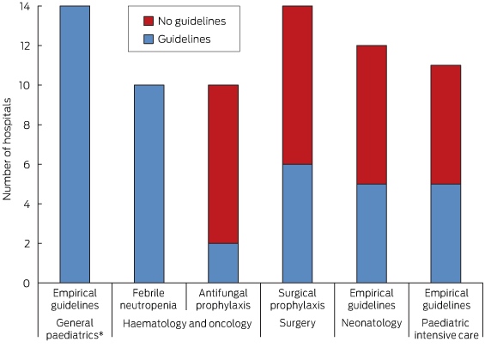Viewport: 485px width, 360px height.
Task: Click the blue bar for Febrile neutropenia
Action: (x=149, y=184)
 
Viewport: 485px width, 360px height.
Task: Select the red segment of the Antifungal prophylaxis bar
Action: (x=223, y=164)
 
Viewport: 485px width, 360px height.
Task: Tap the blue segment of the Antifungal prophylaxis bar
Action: (x=223, y=263)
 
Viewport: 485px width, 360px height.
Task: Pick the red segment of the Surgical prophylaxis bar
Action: (x=297, y=85)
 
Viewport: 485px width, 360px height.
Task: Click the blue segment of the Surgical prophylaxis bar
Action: (x=297, y=223)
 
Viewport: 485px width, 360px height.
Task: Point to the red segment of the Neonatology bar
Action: (x=372, y=115)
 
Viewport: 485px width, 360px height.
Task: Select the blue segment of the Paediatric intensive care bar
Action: (x=446, y=234)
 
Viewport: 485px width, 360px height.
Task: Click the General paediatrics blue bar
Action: (x=75, y=144)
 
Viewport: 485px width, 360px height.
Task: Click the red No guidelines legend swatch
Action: (x=149, y=21)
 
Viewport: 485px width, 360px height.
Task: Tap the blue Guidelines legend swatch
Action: (x=149, y=40)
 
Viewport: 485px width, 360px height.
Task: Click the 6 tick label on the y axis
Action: (x=27, y=165)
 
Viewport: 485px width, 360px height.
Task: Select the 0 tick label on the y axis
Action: (x=27, y=284)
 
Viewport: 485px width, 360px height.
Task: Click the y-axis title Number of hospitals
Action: (x=7, y=149)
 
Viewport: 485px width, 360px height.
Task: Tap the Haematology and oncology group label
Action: (x=187, y=324)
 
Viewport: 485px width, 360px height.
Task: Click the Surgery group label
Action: (x=297, y=323)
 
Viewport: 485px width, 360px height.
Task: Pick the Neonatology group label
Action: (x=372, y=323)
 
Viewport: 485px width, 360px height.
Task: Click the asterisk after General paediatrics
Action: (x=100, y=333)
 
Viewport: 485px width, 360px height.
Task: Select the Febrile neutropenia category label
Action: (x=149, y=299)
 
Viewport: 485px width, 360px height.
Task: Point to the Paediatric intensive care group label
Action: (x=446, y=329)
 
